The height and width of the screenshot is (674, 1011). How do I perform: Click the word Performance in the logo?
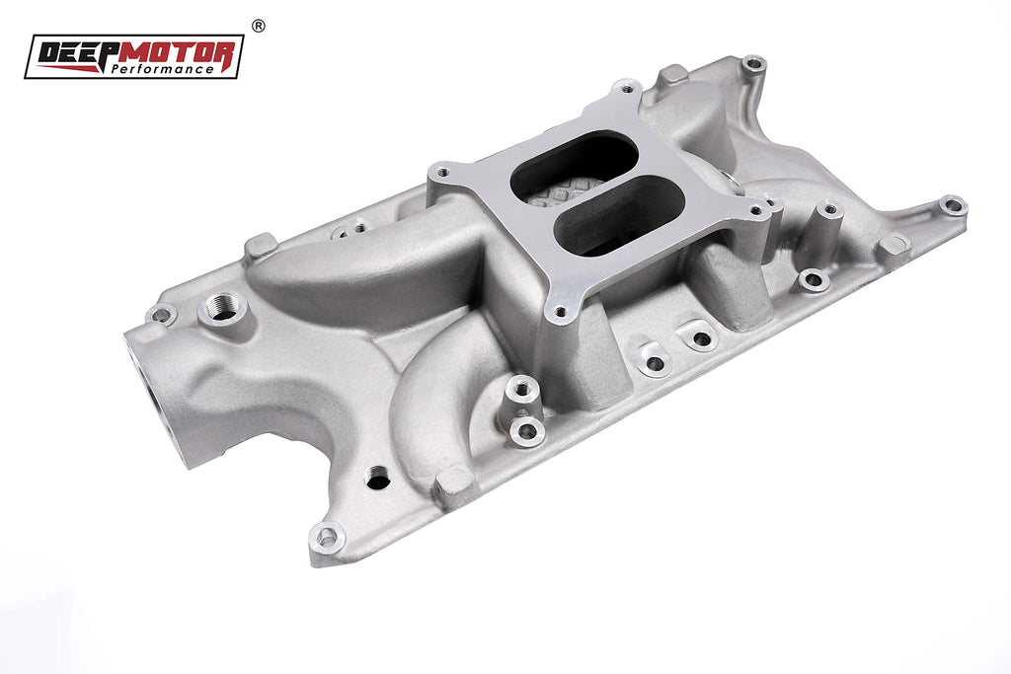click(162, 68)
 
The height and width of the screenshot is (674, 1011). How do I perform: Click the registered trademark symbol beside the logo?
click(258, 26)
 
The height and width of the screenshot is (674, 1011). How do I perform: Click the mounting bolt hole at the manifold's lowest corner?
click(328, 537)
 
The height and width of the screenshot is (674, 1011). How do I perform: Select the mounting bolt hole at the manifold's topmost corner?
click(753, 64)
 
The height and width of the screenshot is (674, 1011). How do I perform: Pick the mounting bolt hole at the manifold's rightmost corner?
click(953, 205)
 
